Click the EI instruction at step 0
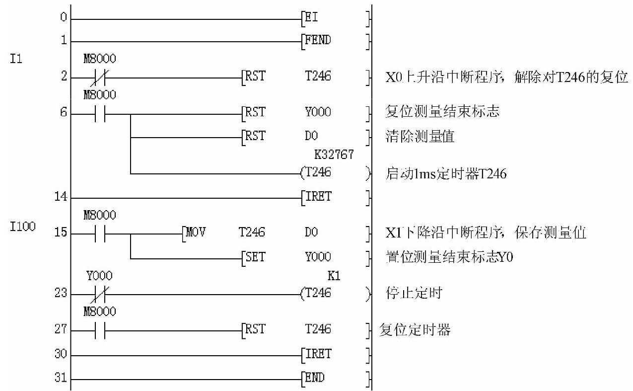pyautogui.click(x=312, y=19)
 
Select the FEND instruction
pyautogui.click(x=317, y=41)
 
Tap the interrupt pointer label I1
pyautogui.click(x=15, y=61)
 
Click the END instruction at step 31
pyautogui.click(x=315, y=378)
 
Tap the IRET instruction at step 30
pyautogui.click(x=317, y=355)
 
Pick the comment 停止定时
pyautogui.click(x=413, y=293)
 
